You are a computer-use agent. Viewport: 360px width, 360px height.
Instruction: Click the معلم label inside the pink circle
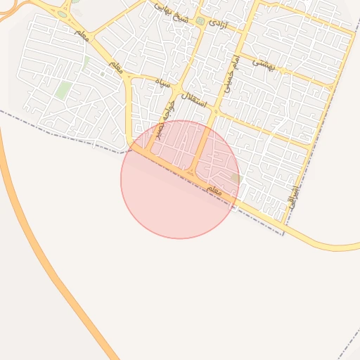[x=214, y=191]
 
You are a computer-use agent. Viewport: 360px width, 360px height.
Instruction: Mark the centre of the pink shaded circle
[x=180, y=179]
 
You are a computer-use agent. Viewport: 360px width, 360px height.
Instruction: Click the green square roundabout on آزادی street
[x=200, y=22]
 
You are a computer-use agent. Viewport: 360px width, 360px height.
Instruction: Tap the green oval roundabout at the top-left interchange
[x=63, y=14]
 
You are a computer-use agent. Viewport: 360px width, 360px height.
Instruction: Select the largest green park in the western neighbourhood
[x=63, y=90]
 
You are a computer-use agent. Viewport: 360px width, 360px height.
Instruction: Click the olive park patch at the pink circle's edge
[x=235, y=179]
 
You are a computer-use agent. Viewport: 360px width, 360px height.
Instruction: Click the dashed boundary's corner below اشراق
[x=283, y=234]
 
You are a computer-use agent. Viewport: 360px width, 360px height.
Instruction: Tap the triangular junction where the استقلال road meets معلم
[x=191, y=172]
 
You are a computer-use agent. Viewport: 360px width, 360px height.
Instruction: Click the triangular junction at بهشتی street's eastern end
[x=330, y=86]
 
